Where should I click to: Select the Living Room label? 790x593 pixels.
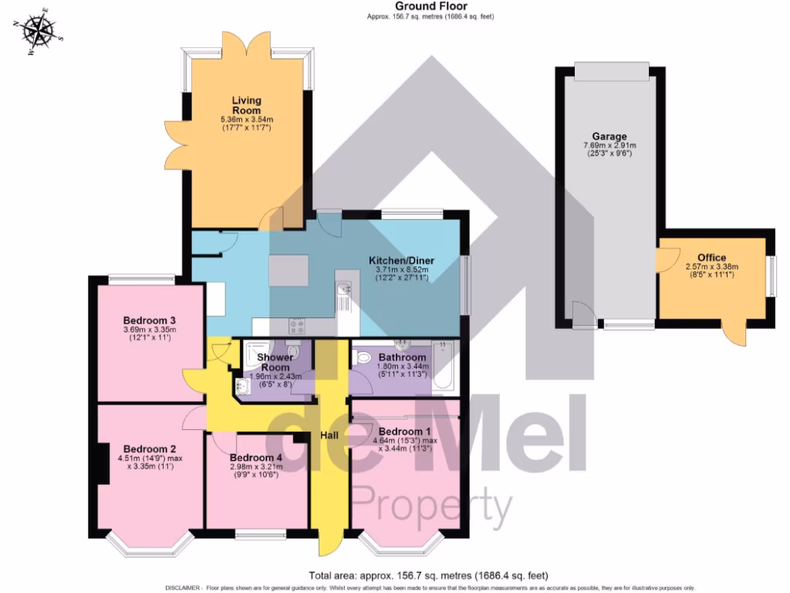(247, 106)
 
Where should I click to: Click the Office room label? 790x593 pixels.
(711, 258)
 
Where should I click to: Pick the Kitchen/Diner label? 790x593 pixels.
(400, 261)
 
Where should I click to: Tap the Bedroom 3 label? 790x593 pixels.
(150, 320)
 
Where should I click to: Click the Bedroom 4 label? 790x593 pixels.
(254, 456)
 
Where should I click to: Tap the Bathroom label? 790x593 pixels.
(401, 357)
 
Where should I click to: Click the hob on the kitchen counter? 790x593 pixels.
(297, 325)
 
